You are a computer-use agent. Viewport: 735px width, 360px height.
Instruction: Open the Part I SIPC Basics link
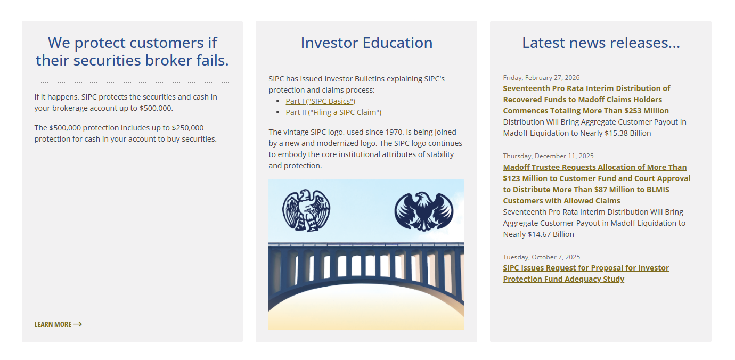click(320, 101)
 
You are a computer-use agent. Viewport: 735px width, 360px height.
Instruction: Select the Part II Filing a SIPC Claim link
click(333, 112)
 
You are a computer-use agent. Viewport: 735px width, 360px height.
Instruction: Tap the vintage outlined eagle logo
click(306, 210)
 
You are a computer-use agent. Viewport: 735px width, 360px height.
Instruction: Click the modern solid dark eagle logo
click(423, 211)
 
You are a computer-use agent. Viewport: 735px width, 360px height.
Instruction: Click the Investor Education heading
click(366, 43)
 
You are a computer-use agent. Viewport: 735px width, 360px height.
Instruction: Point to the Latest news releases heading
click(601, 43)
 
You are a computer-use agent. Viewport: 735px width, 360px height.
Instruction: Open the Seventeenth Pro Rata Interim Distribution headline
click(586, 100)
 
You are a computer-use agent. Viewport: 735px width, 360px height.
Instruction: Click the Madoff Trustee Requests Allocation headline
click(597, 184)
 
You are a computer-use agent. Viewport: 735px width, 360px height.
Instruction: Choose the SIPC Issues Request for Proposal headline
click(586, 273)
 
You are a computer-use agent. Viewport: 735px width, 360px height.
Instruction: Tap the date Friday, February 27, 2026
click(541, 77)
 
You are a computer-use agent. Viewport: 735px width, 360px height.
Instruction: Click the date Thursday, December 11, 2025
click(548, 156)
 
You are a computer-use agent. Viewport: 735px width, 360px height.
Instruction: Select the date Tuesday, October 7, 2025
click(542, 257)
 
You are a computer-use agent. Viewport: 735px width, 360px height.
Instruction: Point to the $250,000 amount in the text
click(187, 128)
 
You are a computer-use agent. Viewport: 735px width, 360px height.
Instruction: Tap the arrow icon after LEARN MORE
click(78, 324)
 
